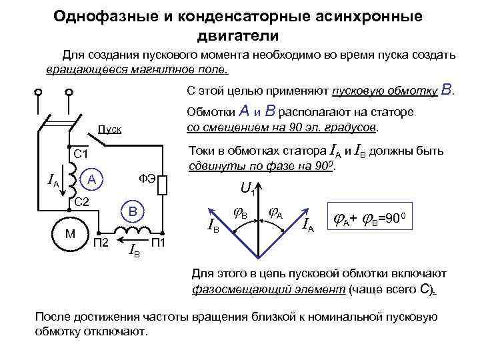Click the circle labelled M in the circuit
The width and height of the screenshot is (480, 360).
click(x=70, y=235)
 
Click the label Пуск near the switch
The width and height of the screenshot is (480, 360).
click(x=110, y=128)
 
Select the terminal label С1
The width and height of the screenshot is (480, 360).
click(x=81, y=155)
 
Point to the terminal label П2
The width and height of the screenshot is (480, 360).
click(x=102, y=241)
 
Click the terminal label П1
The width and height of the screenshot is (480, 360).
click(x=160, y=241)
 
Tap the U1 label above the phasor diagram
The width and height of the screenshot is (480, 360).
click(x=248, y=189)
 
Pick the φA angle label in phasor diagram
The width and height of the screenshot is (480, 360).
click(x=275, y=215)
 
